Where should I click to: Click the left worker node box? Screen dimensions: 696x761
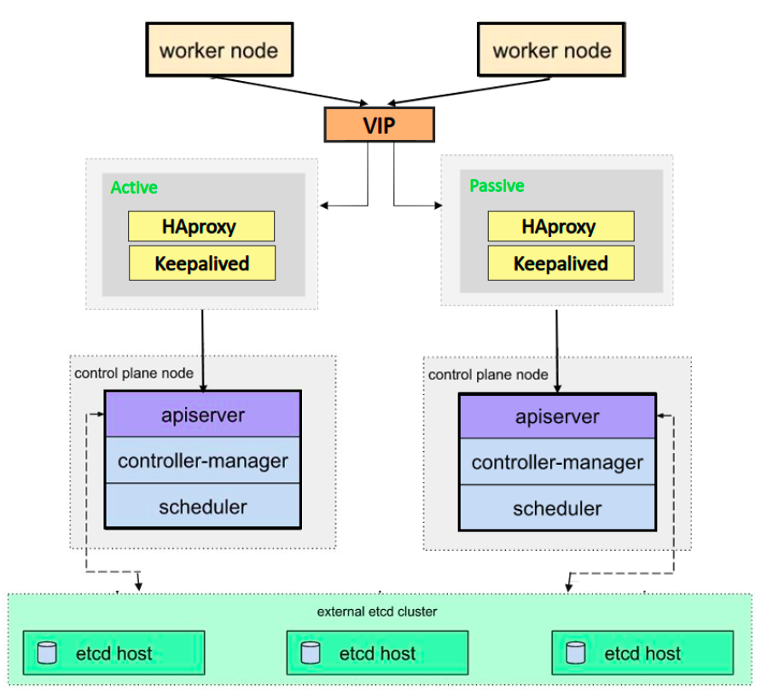pos(218,49)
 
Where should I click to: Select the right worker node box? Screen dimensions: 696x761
pos(551,49)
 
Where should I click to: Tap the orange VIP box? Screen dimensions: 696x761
pos(380,125)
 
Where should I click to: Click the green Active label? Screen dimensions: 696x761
pos(134,188)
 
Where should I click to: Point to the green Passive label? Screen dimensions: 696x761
pos(497,186)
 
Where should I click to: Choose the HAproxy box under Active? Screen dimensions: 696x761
pos(201,227)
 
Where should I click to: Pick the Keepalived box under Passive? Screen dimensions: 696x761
pos(561,264)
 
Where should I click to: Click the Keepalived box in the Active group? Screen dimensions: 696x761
pos(201,264)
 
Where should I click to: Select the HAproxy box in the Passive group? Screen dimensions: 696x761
pos(561,227)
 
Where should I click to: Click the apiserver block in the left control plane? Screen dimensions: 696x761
pos(202,415)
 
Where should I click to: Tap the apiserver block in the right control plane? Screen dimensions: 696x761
pos(557,417)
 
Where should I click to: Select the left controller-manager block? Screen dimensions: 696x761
pos(202,461)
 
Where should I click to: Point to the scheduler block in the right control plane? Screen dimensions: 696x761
pos(557,509)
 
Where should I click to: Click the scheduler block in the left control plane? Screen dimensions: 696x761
pos(202,507)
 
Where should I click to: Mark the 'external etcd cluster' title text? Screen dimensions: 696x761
pos(377,612)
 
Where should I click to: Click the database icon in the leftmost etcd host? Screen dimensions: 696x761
pos(47,653)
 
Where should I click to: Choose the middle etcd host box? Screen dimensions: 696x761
pos(377,653)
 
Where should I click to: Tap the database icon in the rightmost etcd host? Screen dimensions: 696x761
pos(577,653)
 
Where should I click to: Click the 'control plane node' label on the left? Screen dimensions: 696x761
pos(134,373)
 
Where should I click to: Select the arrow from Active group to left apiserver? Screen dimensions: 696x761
pos(202,350)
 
